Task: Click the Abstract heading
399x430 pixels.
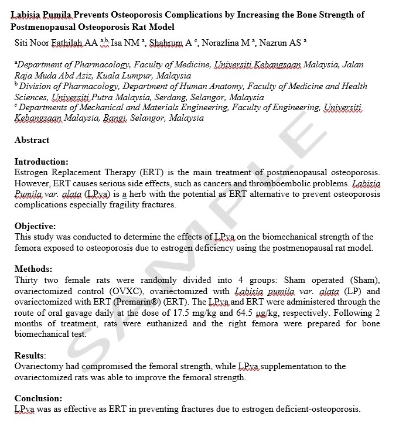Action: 32,140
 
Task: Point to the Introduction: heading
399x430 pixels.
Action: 41,162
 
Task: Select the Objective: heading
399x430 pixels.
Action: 35,226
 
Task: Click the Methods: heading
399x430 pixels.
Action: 33,269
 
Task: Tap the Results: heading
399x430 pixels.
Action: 30,356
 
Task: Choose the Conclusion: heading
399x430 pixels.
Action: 38,398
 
